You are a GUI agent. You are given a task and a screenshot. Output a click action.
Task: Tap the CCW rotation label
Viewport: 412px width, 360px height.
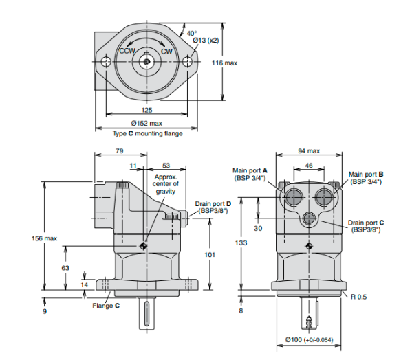127,51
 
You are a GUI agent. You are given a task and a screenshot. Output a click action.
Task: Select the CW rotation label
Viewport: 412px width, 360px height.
166,51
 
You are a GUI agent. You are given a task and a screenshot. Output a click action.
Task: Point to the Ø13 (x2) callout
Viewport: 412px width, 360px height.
206,41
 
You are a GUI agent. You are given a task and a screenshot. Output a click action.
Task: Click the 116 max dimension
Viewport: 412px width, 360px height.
224,63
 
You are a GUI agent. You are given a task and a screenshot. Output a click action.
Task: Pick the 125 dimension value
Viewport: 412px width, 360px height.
147,109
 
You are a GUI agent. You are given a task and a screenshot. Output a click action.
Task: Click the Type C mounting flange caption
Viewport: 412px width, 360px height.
147,133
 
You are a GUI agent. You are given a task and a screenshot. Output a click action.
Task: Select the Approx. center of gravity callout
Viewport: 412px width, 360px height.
166,184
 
